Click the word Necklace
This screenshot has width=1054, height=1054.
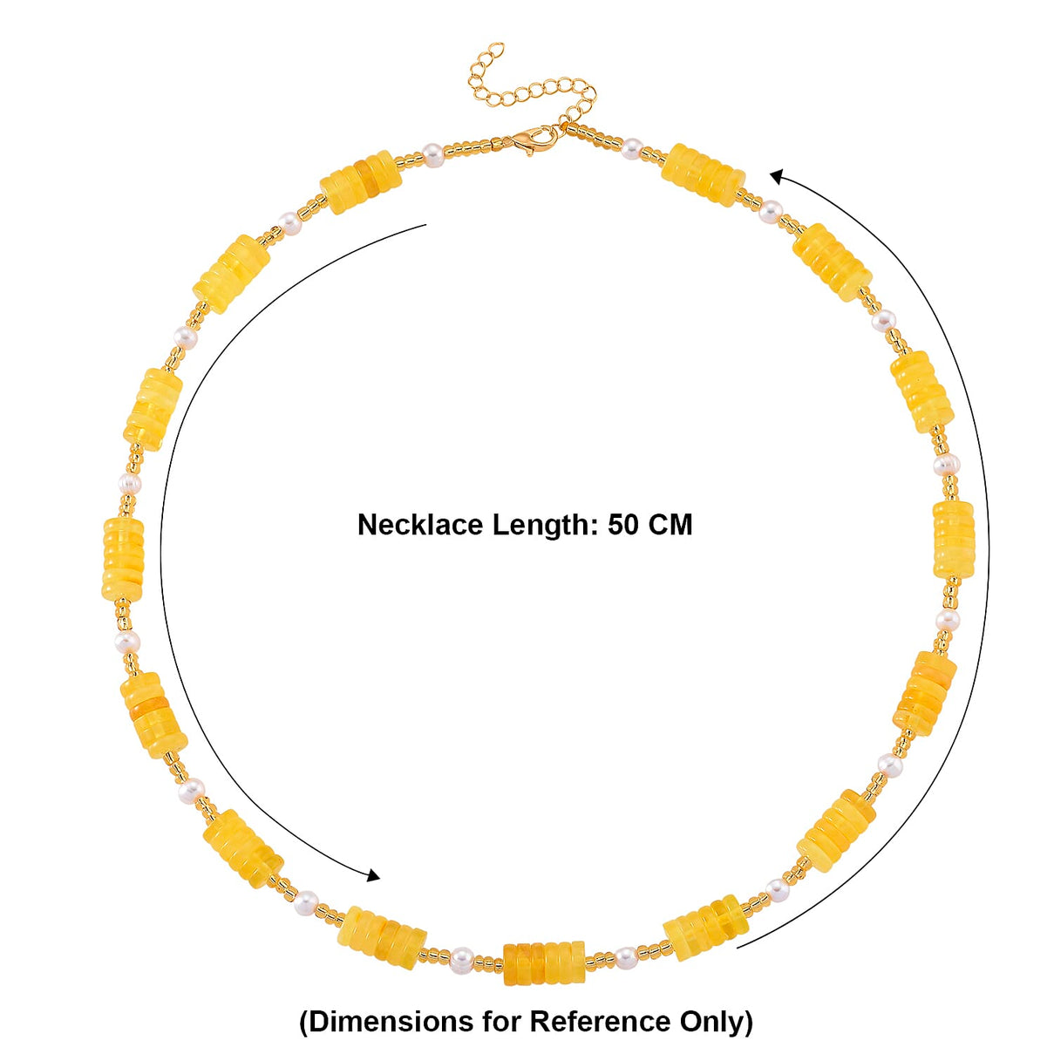point(420,525)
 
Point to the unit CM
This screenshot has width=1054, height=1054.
point(670,525)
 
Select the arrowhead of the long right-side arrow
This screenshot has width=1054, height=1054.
point(778,176)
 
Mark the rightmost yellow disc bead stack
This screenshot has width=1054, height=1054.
point(953,540)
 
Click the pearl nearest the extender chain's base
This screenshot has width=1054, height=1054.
point(632,147)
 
